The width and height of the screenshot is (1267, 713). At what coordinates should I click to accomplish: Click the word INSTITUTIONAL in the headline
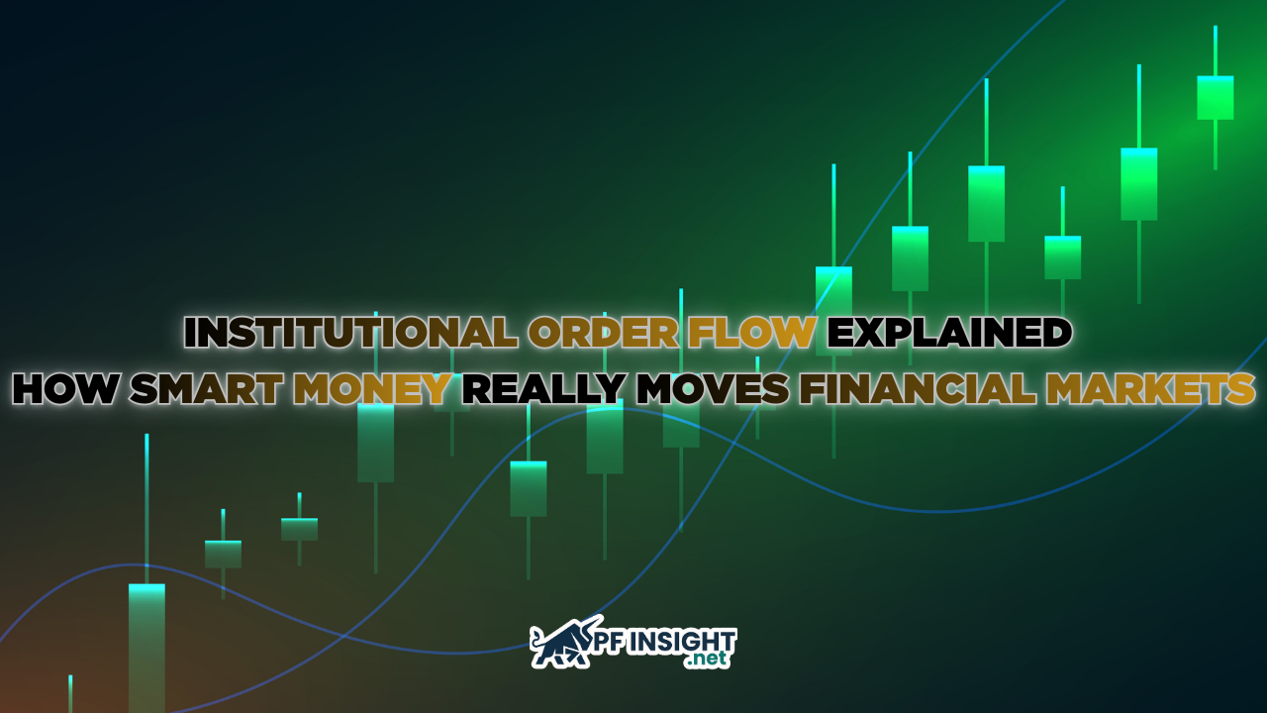pos(351,334)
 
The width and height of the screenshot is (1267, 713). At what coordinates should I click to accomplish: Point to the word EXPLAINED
pos(949,334)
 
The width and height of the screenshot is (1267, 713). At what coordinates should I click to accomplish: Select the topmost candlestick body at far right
pos(1215,97)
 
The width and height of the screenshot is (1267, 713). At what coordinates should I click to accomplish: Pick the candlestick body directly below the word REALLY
pos(529,488)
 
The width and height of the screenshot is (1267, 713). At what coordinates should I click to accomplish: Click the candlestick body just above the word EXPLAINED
pos(910,257)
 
